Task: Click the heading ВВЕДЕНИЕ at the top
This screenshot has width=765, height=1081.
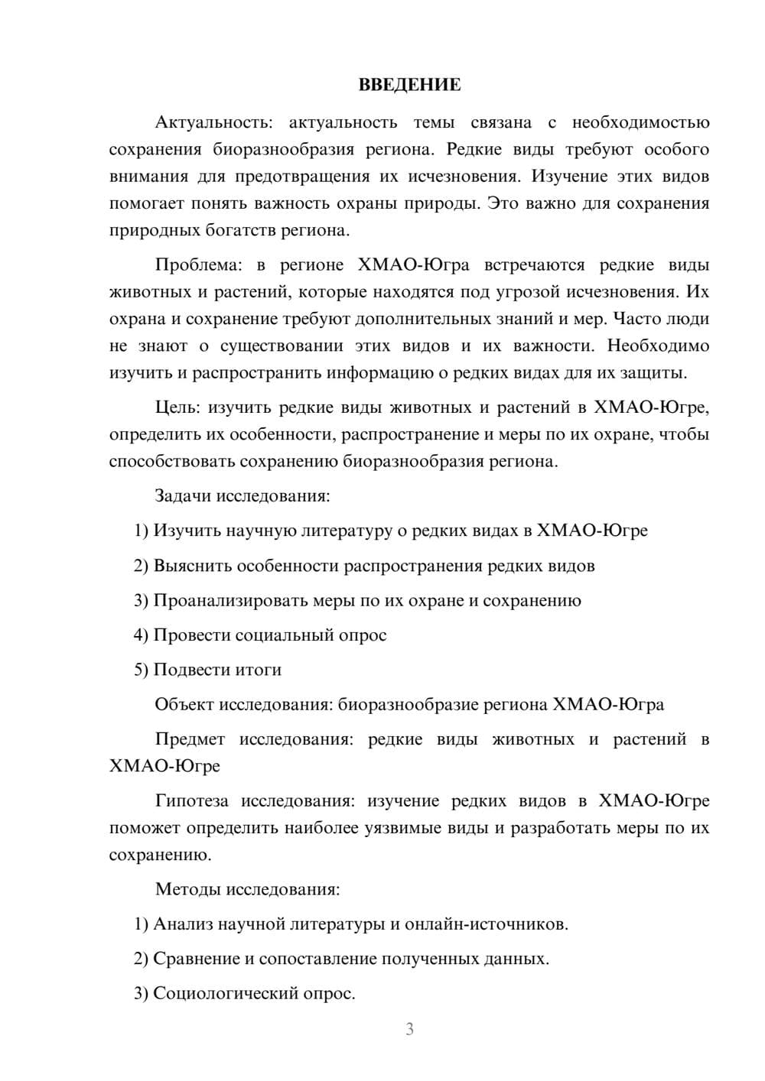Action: (x=409, y=85)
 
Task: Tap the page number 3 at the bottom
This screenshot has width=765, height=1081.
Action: (x=409, y=1029)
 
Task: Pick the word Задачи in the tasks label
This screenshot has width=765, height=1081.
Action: (x=183, y=496)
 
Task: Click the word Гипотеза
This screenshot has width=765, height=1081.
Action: (x=191, y=801)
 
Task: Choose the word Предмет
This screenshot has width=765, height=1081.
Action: (x=190, y=739)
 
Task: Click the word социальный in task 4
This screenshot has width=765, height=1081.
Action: (x=283, y=635)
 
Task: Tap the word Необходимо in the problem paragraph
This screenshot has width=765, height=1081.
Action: (x=658, y=346)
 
